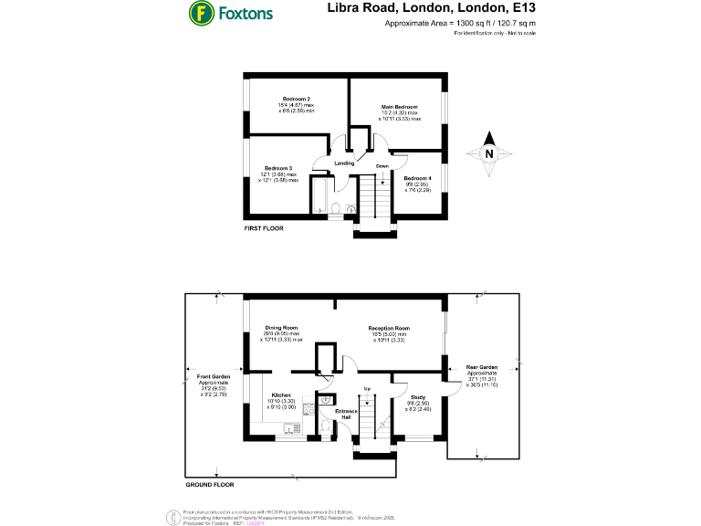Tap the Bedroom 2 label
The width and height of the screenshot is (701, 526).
pyautogui.click(x=297, y=99)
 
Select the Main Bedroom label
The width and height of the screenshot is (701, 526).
pyautogui.click(x=400, y=108)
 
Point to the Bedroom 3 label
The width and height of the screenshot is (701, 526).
pyautogui.click(x=278, y=169)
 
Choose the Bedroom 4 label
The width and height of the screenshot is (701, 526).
pyautogui.click(x=416, y=178)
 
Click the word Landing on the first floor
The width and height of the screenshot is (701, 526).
pyautogui.click(x=344, y=163)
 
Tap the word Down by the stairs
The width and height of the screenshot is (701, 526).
pyautogui.click(x=382, y=166)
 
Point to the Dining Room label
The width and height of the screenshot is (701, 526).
pyautogui.click(x=281, y=328)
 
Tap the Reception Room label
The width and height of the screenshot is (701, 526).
pyautogui.click(x=389, y=328)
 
